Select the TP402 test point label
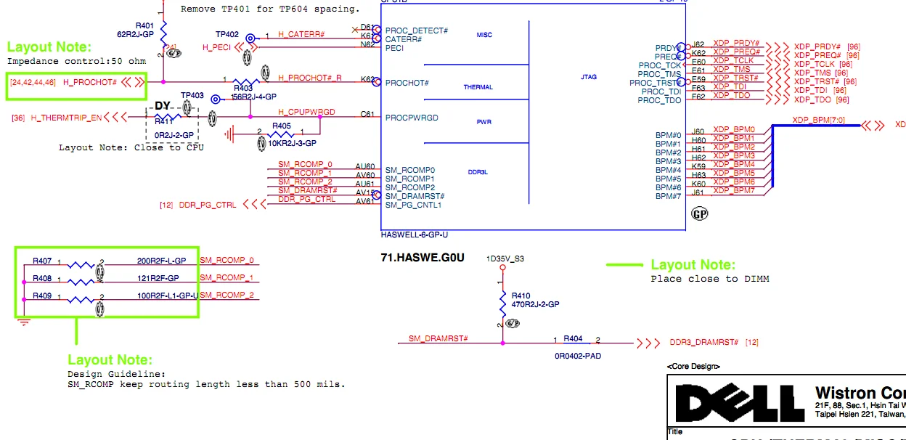[226, 34]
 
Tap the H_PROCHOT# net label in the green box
[90, 83]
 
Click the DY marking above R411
[163, 106]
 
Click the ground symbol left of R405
[231, 134]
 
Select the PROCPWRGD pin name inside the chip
[412, 118]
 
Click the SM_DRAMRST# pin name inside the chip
[415, 196]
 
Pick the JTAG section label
[589, 76]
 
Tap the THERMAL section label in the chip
[478, 87]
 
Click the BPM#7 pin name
[668, 196]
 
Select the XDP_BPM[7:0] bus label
[818, 120]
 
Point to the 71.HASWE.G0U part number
[422, 257]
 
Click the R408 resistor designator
[42, 278]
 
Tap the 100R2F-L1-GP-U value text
[167, 296]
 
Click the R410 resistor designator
[521, 296]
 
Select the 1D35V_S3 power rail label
[506, 258]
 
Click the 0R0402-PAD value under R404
[573, 357]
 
